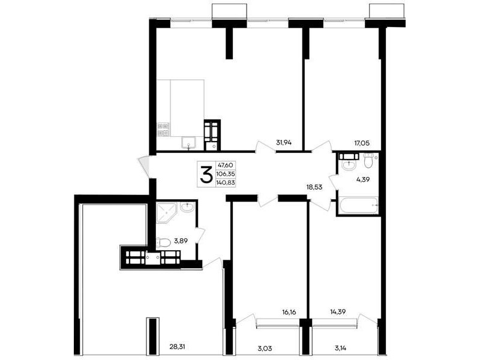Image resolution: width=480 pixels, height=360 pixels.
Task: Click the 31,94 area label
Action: [x=284, y=142]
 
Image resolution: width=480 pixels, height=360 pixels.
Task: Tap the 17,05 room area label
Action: [x=362, y=143]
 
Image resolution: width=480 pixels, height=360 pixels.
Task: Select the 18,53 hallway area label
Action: [x=314, y=187]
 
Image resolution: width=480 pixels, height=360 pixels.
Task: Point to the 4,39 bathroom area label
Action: [x=363, y=179]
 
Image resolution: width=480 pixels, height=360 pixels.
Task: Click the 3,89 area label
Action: [x=181, y=241]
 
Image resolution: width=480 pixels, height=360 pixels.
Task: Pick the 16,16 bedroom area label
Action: [x=290, y=312]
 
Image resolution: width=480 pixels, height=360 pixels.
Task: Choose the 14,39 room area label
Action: [x=338, y=312]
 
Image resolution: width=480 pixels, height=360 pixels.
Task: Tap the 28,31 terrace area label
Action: [x=177, y=347]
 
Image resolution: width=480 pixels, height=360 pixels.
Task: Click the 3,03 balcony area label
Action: [x=265, y=348]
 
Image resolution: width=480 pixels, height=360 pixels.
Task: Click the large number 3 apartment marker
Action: [x=206, y=174]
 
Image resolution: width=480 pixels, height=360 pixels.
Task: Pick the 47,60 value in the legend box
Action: [x=226, y=166]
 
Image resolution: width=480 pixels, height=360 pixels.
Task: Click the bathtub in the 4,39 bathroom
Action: [x=358, y=205]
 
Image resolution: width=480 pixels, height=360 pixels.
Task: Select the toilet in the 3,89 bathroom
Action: [x=163, y=243]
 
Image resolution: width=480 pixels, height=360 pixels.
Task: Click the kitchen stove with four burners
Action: [x=163, y=129]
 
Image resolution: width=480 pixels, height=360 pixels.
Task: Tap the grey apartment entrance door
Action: [x=144, y=167]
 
